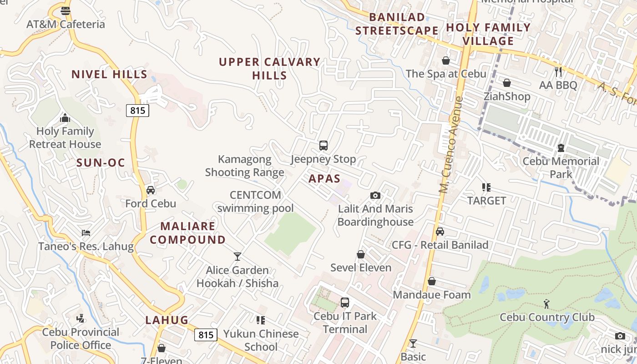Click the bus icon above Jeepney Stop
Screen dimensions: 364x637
pos(323,146)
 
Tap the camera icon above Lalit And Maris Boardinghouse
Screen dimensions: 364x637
pos(375,195)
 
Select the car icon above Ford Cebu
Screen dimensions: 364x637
pos(151,190)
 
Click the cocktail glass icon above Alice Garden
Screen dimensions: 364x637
pos(237,257)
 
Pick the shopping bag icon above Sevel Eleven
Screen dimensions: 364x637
pos(361,254)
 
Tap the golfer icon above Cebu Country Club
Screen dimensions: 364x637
pos(546,303)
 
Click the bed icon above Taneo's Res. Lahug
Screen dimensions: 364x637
pos(86,233)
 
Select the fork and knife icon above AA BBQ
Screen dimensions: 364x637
pos(558,71)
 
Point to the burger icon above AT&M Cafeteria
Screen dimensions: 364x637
pos(66,10)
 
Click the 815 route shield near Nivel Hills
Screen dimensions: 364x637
pos(137,110)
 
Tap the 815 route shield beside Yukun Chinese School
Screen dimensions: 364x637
pos(206,335)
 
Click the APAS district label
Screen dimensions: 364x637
pos(324,178)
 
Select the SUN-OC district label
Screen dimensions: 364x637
pos(101,163)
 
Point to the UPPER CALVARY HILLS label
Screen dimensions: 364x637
pos(270,69)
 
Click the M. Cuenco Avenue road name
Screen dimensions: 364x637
pos(450,145)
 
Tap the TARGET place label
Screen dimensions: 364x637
pos(487,201)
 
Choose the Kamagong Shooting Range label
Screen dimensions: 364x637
pos(245,166)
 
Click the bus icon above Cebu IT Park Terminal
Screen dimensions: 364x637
pos(344,302)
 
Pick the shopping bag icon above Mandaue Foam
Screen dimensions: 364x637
pos(431,281)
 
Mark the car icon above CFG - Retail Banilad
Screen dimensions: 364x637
pos(440,232)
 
